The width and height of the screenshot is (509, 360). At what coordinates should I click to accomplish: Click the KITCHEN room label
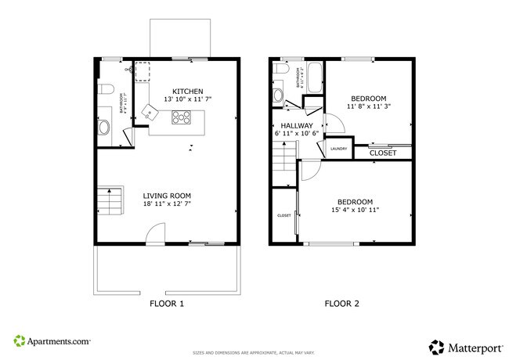pyautogui.click(x=187, y=90)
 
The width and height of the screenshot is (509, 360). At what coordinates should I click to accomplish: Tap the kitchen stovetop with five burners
pyautogui.click(x=181, y=118)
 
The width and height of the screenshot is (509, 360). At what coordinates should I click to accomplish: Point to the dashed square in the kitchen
pyautogui.click(x=143, y=71)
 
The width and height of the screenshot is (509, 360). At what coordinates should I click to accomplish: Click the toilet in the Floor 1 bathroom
pyautogui.click(x=108, y=88)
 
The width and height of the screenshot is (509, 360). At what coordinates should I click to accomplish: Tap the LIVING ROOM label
pyautogui.click(x=167, y=196)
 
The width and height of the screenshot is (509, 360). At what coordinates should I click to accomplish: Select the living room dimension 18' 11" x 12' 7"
pyautogui.click(x=167, y=204)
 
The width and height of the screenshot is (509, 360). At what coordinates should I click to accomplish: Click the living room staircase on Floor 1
pyautogui.click(x=110, y=202)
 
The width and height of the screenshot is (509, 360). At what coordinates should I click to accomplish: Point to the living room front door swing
pyautogui.click(x=157, y=232)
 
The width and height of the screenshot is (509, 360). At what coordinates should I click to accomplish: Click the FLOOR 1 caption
pyautogui.click(x=166, y=304)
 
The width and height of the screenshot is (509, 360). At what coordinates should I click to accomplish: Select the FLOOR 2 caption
pyautogui.click(x=342, y=304)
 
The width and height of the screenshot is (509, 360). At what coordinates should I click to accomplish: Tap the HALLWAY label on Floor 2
pyautogui.click(x=294, y=125)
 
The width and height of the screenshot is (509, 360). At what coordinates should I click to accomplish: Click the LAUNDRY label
pyautogui.click(x=338, y=149)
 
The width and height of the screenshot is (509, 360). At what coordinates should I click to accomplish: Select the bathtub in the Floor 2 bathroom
pyautogui.click(x=312, y=78)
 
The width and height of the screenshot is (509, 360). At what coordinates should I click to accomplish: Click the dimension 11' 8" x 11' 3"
pyautogui.click(x=369, y=106)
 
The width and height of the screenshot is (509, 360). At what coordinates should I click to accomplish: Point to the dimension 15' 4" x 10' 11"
pyautogui.click(x=356, y=211)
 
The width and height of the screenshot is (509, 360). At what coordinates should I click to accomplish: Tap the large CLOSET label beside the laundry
pyautogui.click(x=383, y=153)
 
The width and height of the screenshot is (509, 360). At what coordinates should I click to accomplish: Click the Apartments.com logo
pyautogui.click(x=52, y=342)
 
